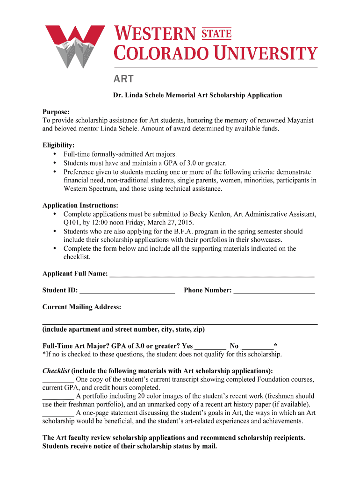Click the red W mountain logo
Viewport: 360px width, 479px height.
click(75, 46)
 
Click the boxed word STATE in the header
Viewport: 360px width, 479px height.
click(216, 33)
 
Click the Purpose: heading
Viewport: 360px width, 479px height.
click(56, 112)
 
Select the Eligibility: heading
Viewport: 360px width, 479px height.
click(58, 145)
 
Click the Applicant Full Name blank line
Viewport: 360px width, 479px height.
click(211, 274)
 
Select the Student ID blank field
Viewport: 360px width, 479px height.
click(127, 290)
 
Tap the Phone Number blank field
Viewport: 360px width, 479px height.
click(274, 290)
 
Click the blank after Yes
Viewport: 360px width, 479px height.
click(210, 346)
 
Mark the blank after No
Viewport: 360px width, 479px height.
click(257, 346)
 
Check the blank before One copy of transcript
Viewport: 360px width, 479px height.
click(58, 379)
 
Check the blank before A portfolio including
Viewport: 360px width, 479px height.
click(58, 396)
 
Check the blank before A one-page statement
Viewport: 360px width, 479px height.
click(58, 413)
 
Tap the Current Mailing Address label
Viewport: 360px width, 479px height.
click(82, 307)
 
